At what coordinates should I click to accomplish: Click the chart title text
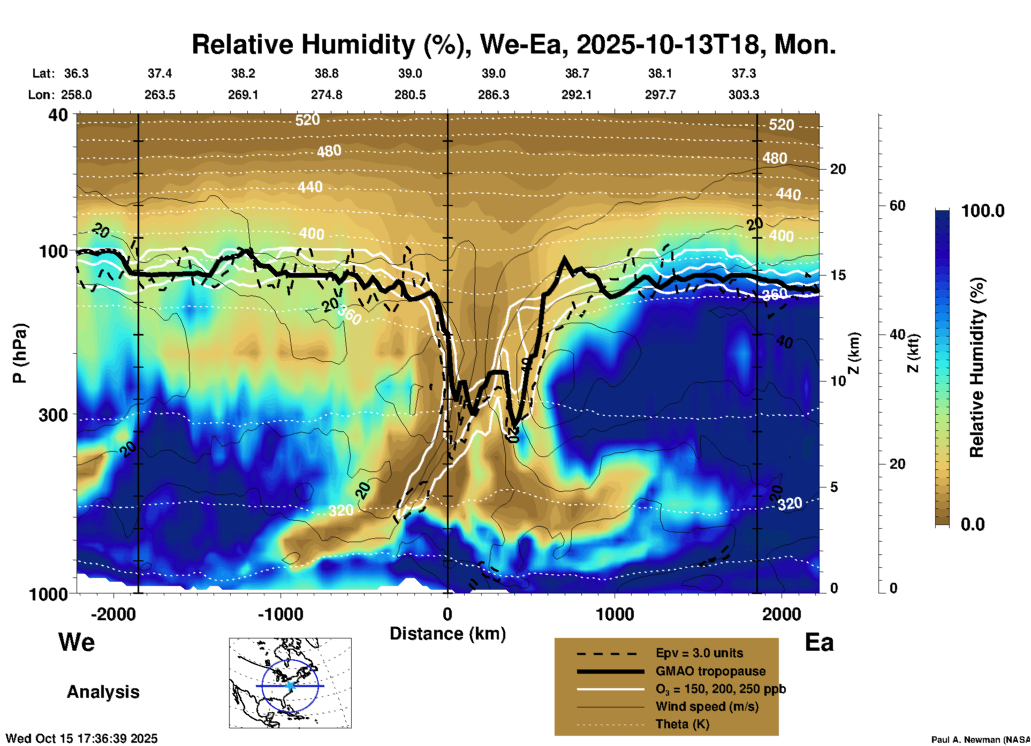click(513, 44)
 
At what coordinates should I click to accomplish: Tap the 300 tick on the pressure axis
click(53, 415)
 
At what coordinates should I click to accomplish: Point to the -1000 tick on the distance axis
click(280, 614)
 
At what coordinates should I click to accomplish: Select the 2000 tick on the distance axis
click(782, 614)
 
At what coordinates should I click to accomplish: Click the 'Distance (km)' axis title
click(448, 634)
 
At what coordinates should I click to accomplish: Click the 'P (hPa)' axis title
click(20, 353)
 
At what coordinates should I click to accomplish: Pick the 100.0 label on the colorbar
click(983, 211)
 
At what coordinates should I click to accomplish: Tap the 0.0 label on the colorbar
click(973, 524)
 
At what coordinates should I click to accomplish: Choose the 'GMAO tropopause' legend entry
click(710, 671)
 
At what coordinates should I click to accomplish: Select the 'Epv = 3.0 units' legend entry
click(699, 653)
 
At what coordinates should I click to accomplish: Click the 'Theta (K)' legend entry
click(682, 724)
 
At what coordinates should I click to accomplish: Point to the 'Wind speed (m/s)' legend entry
click(707, 706)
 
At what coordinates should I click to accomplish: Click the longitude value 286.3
click(493, 95)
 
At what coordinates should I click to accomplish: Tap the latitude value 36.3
click(76, 73)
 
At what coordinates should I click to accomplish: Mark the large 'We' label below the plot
click(77, 642)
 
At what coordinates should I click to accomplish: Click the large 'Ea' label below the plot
click(819, 642)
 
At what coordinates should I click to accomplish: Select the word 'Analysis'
click(103, 691)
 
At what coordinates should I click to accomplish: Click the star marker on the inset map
click(290, 686)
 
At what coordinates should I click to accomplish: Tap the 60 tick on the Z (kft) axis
click(897, 205)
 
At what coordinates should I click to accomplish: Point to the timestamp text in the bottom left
click(82, 739)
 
